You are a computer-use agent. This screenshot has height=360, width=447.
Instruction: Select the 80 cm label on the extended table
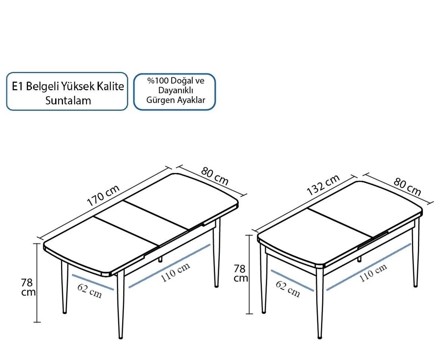[215, 176]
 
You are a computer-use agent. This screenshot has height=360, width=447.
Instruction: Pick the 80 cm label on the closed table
[407, 187]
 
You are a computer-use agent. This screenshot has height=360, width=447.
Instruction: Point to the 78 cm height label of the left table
[28, 287]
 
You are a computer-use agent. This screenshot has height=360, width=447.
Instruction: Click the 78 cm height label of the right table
[240, 273]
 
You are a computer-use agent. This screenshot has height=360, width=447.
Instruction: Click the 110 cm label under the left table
[175, 272]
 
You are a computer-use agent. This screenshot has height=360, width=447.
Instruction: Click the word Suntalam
[68, 100]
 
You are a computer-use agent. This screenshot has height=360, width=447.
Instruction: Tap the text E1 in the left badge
[18, 87]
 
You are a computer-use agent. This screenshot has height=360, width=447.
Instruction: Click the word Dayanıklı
[176, 90]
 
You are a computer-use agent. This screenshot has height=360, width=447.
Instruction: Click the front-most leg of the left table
[120, 305]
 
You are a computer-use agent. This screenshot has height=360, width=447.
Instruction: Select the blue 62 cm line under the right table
[292, 281]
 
